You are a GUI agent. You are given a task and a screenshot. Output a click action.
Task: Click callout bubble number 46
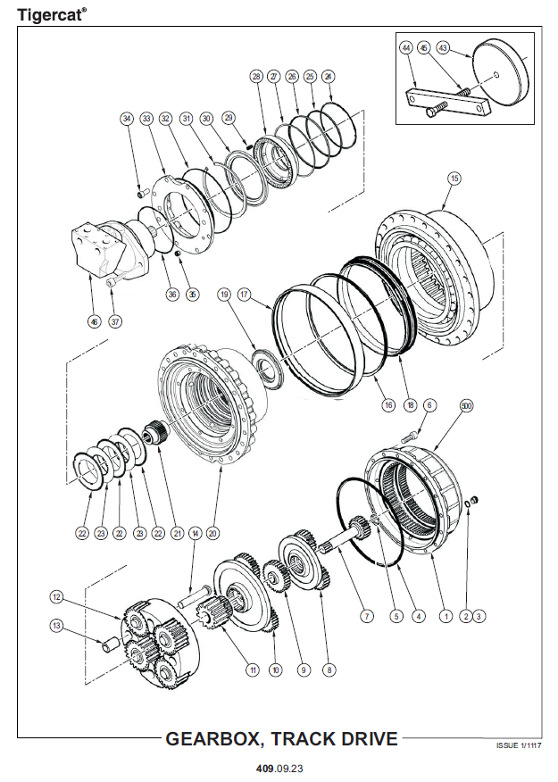click(x=95, y=321)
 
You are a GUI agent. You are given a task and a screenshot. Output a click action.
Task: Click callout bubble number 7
click(x=365, y=615)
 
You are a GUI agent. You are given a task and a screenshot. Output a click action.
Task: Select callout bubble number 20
click(x=212, y=534)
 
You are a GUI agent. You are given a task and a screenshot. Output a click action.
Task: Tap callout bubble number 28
click(x=256, y=77)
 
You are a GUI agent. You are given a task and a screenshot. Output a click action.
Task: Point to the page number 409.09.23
click(x=279, y=766)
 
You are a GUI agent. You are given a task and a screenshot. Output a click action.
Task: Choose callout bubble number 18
click(x=410, y=405)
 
